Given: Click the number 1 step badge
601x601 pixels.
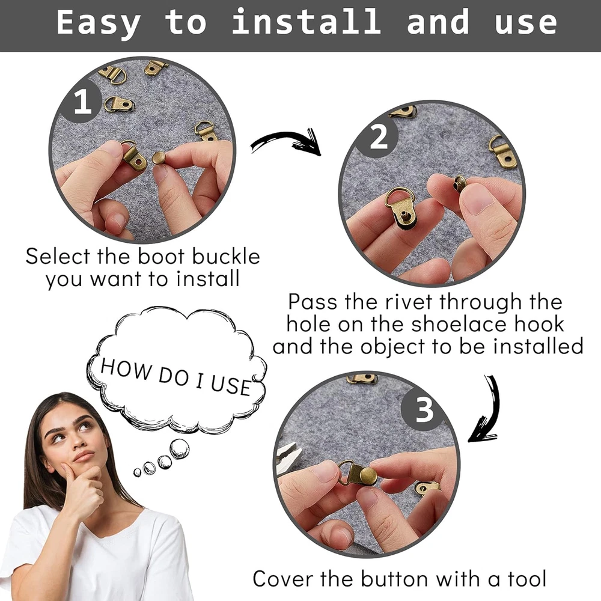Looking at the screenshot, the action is [x=83, y=102].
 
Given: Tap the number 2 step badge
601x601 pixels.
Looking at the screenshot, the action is [x=379, y=137].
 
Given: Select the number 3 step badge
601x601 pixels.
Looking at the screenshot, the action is [x=424, y=410].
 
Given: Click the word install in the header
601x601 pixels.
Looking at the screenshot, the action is [x=307, y=22].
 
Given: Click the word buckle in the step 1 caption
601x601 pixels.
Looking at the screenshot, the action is [x=226, y=256].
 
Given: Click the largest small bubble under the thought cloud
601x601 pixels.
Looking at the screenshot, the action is [x=179, y=449].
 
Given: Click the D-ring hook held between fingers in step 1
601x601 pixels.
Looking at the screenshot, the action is [x=134, y=156].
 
